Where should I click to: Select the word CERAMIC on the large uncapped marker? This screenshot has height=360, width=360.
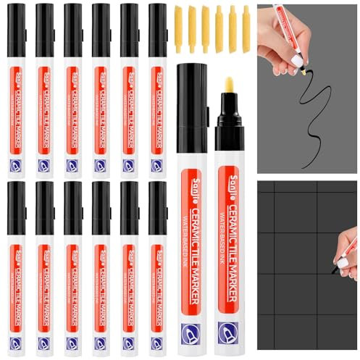(236, 202)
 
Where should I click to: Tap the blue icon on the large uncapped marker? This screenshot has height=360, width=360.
(230, 332)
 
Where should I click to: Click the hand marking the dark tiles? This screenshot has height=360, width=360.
(348, 250)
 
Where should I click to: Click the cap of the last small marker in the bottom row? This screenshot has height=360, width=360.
(158, 207)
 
